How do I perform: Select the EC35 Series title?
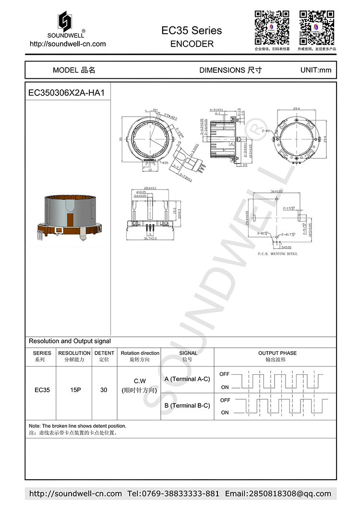[x=192, y=31]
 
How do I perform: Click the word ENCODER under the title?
[x=192, y=44]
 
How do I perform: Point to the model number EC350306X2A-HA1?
[x=66, y=93]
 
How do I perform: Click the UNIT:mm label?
[x=315, y=70]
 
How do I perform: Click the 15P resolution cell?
[x=75, y=390]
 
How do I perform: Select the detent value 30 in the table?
[x=104, y=390]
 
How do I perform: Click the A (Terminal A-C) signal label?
[x=187, y=379]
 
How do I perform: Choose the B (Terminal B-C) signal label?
[x=187, y=405]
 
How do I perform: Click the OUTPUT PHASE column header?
[x=277, y=353]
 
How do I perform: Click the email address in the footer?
[x=278, y=494]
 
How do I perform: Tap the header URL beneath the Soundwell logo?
[x=68, y=44]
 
